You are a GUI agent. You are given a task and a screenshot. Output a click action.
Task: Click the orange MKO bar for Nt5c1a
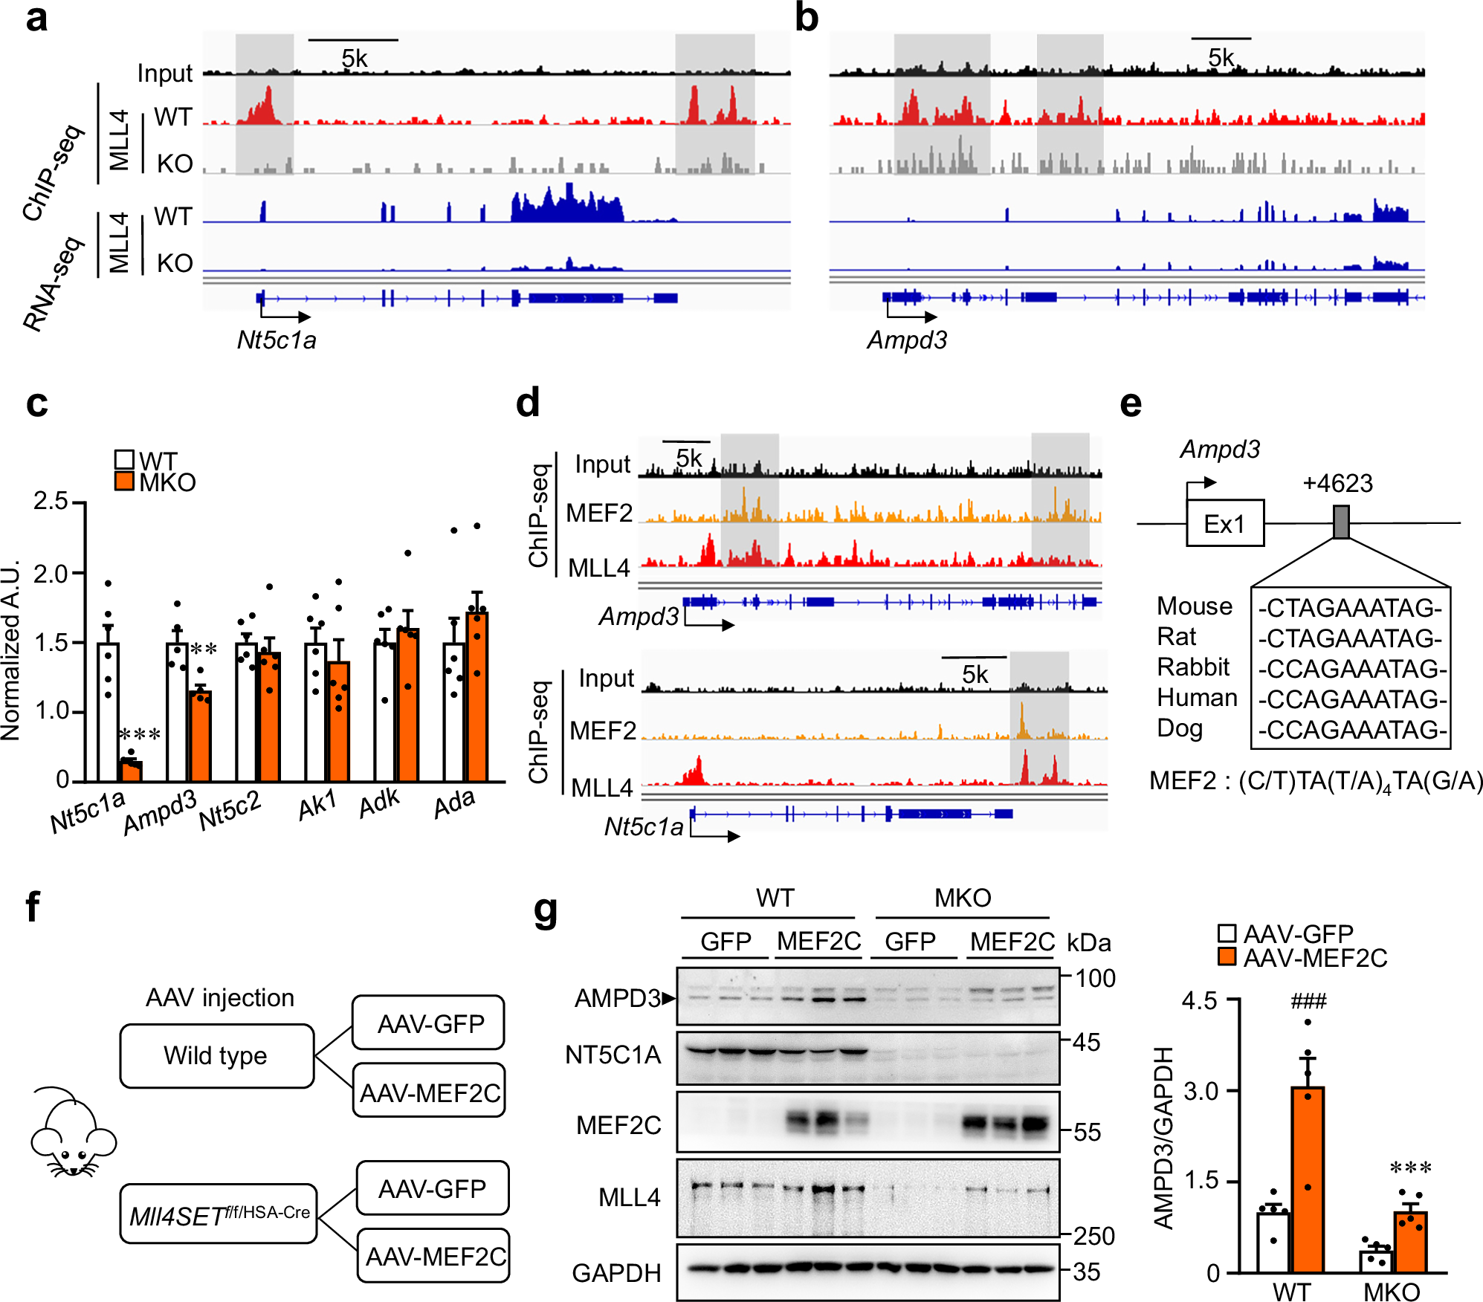click(132, 771)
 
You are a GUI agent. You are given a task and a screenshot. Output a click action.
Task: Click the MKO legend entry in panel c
click(156, 482)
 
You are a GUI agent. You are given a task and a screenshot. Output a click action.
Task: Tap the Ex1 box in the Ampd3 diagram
click(1224, 523)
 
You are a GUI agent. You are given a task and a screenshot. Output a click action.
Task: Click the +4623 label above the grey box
click(1337, 484)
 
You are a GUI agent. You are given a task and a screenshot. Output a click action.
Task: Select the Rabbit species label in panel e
click(1192, 667)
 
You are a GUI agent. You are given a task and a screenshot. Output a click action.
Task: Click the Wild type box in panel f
click(216, 1055)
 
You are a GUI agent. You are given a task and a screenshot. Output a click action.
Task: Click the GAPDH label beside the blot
click(616, 1273)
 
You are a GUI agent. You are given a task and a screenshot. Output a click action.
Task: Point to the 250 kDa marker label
click(1093, 1236)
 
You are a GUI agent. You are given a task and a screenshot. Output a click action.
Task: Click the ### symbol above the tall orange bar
click(1308, 1001)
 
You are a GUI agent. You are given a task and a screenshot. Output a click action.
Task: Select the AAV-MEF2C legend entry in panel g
click(1302, 958)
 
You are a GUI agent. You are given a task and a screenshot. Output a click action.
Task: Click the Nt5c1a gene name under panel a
click(277, 340)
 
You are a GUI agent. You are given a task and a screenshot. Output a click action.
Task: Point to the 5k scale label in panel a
click(354, 58)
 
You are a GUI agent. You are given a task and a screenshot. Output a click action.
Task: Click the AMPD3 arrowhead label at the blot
click(624, 998)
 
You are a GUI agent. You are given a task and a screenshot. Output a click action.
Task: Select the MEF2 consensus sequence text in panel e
click(1315, 780)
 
